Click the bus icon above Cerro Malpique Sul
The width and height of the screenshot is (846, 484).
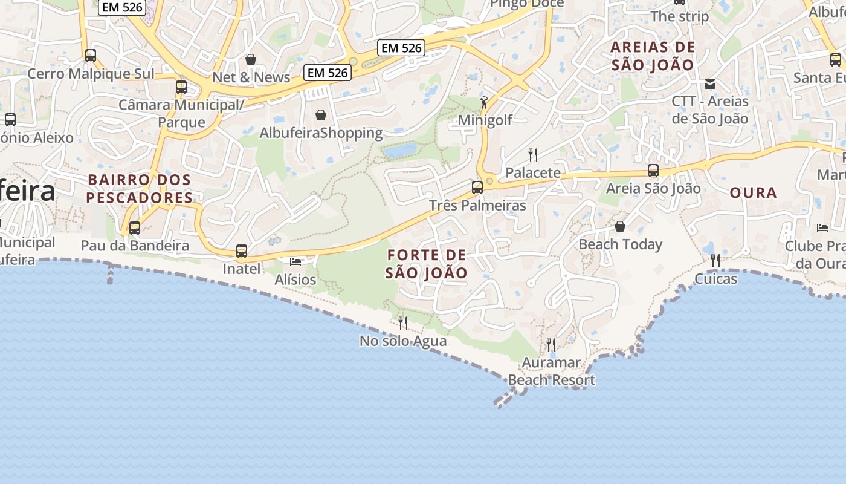[x=91, y=56]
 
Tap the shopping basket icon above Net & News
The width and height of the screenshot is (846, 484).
[x=251, y=59]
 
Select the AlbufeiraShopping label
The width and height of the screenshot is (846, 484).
[x=321, y=132]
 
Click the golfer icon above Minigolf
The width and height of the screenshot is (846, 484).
[x=484, y=102]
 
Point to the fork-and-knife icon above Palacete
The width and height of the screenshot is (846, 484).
[x=533, y=155]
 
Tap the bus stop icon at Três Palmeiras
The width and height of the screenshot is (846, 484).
[x=477, y=187]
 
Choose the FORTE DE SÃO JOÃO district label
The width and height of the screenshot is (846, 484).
[x=427, y=264]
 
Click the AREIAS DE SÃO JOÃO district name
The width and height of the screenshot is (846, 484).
[x=653, y=56]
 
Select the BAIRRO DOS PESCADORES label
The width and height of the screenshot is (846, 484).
[x=140, y=189]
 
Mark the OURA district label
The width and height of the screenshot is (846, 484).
[x=753, y=193]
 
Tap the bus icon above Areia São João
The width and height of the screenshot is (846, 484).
[x=653, y=171]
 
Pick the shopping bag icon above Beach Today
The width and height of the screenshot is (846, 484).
[x=620, y=226]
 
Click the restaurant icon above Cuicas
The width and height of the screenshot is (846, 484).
[x=715, y=261]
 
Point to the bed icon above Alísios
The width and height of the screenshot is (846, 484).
[x=295, y=261]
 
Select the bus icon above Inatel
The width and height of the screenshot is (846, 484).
[x=242, y=250]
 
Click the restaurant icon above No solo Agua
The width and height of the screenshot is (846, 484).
[x=403, y=323]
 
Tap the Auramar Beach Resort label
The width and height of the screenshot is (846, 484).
[x=551, y=371]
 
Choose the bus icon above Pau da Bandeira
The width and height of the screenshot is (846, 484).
[x=135, y=228]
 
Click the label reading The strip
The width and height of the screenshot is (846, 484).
[x=680, y=16]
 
